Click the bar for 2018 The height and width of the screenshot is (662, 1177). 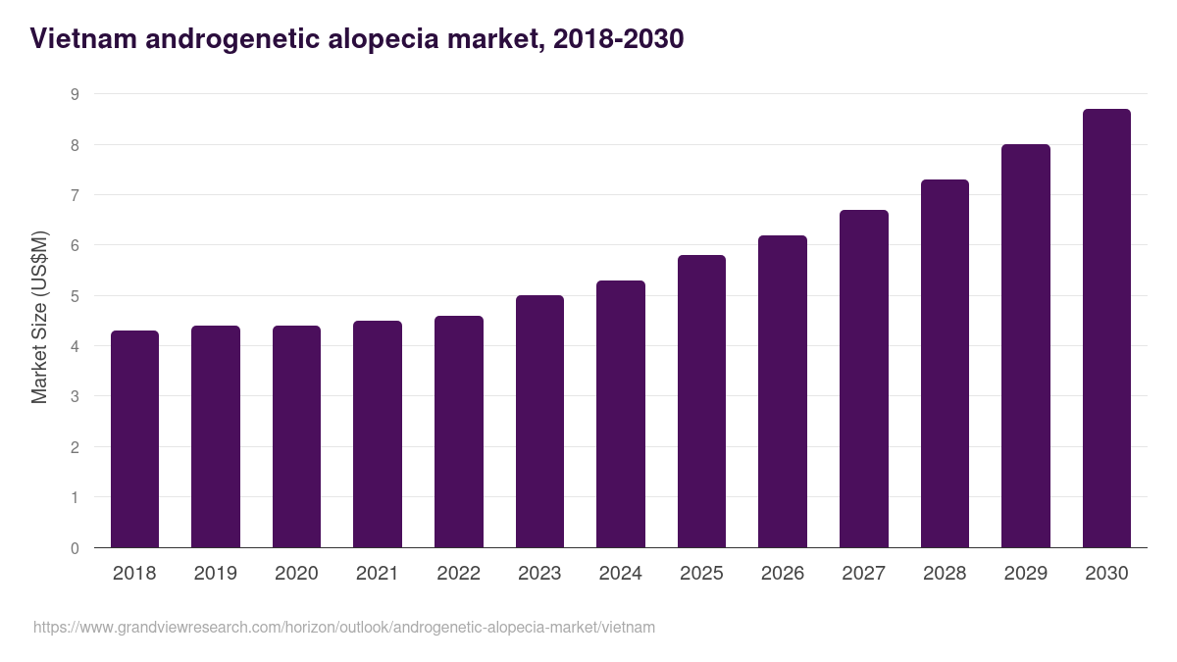point(134,439)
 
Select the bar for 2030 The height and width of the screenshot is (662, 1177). point(1106,329)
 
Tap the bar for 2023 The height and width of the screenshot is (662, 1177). point(539,422)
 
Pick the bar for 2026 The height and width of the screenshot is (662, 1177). point(783,391)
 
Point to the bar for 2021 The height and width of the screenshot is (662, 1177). point(378,434)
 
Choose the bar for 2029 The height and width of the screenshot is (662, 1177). point(1025,346)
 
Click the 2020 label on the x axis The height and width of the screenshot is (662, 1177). point(296,574)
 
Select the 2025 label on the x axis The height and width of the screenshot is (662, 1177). point(701,574)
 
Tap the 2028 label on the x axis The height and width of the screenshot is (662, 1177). point(945,574)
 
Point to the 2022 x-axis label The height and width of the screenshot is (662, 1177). point(458,574)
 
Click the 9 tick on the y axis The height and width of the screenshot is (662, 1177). point(75,95)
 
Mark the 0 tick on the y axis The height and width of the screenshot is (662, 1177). point(75,548)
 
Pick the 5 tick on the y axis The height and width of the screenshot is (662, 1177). point(75,296)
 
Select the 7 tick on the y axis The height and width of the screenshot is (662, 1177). point(75,195)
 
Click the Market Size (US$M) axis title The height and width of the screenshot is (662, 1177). point(39,318)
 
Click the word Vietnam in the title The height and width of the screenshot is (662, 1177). point(81,39)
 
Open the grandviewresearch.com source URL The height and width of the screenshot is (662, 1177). point(344,627)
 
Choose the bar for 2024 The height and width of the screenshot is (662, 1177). point(621,414)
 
